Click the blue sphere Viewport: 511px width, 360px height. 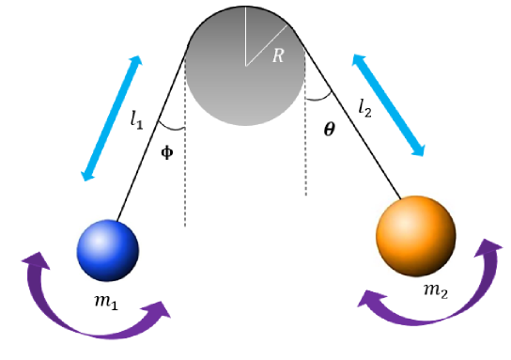tap(107, 250)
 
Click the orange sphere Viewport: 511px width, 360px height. tap(415, 235)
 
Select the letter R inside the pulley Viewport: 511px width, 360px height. tap(278, 56)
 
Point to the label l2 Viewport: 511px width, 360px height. tap(365, 106)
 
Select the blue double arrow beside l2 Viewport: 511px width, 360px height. tap(389, 103)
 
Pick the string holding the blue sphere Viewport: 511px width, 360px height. tap(150, 133)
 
